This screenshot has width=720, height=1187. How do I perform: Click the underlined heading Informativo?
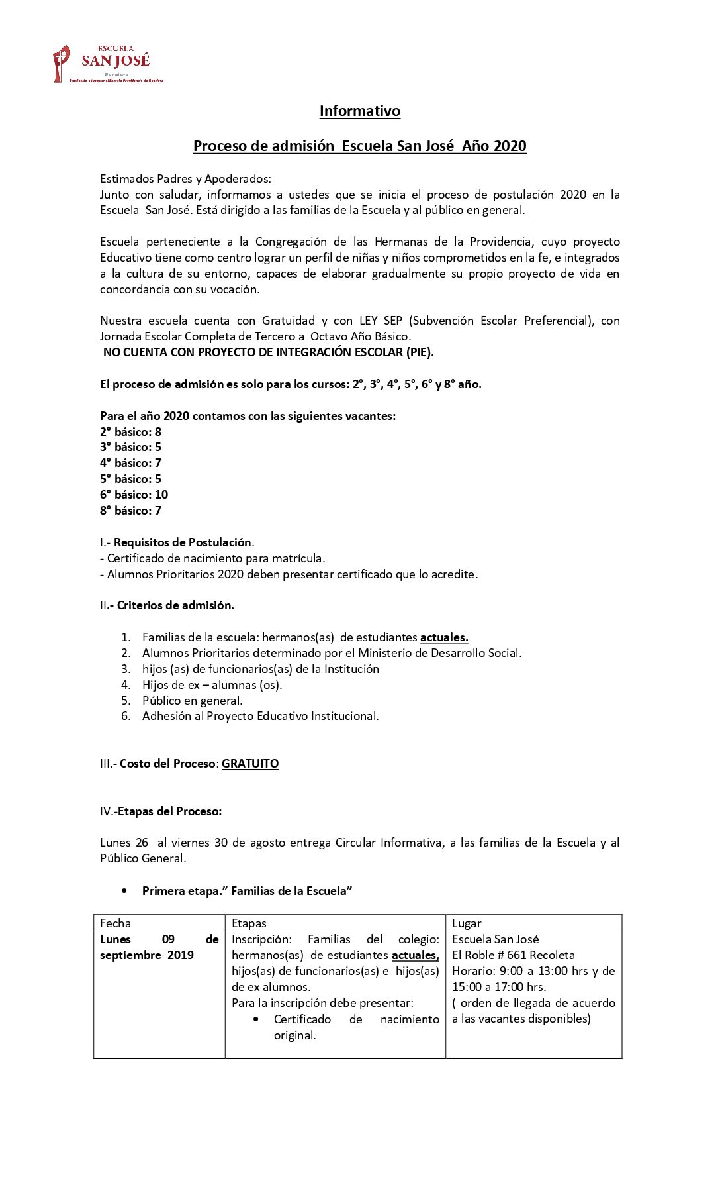[x=359, y=111]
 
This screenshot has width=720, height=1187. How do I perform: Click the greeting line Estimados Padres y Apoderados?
[x=185, y=179]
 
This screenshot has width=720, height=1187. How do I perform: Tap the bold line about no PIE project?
[x=268, y=352]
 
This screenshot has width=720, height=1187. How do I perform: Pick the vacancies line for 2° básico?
[x=130, y=432]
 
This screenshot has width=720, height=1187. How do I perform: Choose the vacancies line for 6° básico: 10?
[x=134, y=495]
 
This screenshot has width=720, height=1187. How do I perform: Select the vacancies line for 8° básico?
[x=130, y=511]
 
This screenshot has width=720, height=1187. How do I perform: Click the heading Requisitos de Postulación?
[x=183, y=542]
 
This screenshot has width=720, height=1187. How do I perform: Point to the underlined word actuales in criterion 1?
[x=444, y=637]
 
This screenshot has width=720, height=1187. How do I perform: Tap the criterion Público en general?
[x=192, y=701]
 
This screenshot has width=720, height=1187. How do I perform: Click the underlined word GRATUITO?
[x=250, y=764]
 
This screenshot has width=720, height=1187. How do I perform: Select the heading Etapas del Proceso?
[x=169, y=811]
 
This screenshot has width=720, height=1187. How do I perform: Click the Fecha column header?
[x=116, y=923]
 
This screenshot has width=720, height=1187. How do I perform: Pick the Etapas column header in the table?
[x=249, y=923]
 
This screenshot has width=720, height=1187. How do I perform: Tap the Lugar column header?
[x=467, y=923]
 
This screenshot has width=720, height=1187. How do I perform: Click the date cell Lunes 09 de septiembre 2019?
[x=159, y=947]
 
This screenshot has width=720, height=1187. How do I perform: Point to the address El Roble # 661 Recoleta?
[x=514, y=955]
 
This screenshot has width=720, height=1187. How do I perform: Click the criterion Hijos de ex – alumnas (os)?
[x=212, y=685]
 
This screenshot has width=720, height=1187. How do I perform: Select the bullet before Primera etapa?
[x=124, y=891]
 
